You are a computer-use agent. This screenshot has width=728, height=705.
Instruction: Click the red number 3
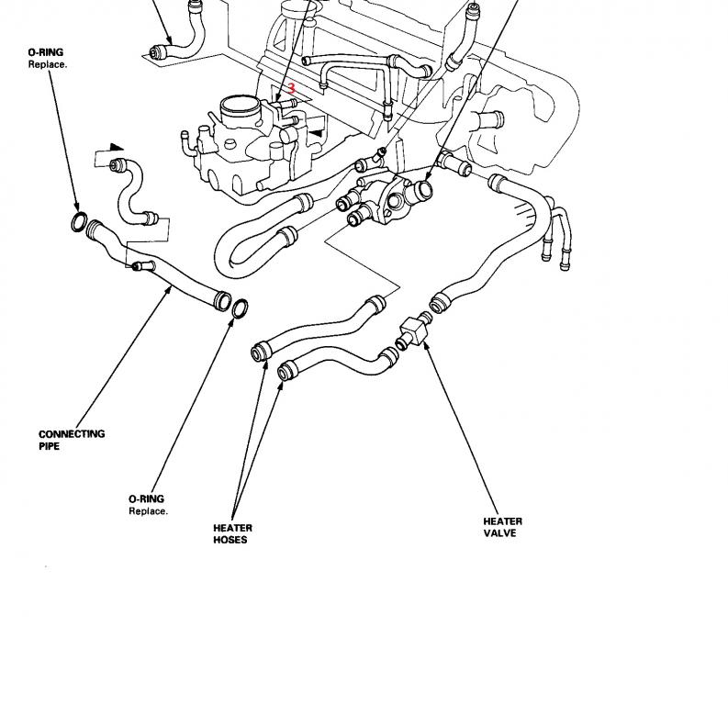(292, 89)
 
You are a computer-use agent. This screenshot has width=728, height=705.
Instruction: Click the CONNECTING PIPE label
(72, 440)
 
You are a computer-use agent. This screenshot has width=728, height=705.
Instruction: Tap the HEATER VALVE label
(503, 527)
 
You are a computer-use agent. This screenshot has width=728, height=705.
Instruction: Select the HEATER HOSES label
(232, 533)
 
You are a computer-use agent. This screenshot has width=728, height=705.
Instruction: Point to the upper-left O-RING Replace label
(47, 59)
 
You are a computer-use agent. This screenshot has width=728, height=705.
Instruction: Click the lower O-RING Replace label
(148, 505)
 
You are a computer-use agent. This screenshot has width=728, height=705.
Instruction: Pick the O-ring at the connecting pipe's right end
(239, 309)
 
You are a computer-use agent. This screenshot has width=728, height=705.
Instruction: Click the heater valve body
(412, 328)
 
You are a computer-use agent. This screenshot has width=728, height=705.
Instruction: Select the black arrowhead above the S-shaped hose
(115, 147)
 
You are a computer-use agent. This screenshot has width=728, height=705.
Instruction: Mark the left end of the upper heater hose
(260, 352)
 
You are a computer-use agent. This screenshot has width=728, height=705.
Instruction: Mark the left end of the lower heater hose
(286, 370)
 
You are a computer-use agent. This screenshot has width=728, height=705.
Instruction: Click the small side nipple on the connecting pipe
(138, 266)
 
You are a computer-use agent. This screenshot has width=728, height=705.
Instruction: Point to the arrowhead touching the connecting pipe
(169, 290)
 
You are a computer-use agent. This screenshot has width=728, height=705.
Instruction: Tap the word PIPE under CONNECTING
(50, 446)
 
